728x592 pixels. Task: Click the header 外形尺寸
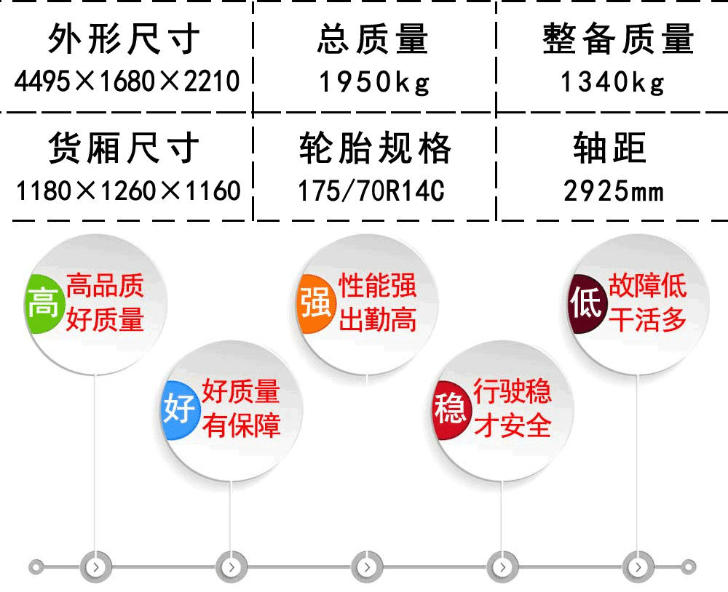pos(124,39)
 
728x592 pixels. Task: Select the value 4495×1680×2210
pos(127,81)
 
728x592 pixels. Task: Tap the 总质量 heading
pos(373,39)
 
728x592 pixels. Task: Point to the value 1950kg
pos(374,83)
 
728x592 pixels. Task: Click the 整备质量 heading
pos(618,39)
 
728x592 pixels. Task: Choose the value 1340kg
pos(612,83)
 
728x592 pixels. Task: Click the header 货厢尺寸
pos(124,148)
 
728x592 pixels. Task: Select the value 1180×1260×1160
pos(128,191)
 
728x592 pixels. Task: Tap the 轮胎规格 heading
pos(375,148)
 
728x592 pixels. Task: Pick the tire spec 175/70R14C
pos(371,191)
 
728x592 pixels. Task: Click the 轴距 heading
pos(609,148)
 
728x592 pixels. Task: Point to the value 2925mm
pos(614,191)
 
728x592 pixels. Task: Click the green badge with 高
pos(43,303)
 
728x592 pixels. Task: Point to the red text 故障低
pos(647,286)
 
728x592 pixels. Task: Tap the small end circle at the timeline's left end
pos(36,567)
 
